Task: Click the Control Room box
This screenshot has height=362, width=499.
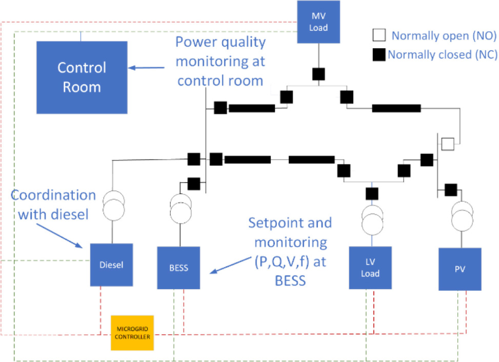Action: pyautogui.click(x=82, y=77)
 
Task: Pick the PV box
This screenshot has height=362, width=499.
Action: pyautogui.click(x=460, y=269)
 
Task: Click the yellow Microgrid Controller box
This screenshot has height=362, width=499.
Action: pyautogui.click(x=132, y=333)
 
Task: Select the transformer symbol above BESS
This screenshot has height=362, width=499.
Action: pyautogui.click(x=180, y=208)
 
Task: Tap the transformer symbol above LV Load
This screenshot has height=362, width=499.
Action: pyautogui.click(x=372, y=218)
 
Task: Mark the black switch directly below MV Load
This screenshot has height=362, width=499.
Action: pyautogui.click(x=319, y=73)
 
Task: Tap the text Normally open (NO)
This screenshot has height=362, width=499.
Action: pyautogui.click(x=444, y=36)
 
